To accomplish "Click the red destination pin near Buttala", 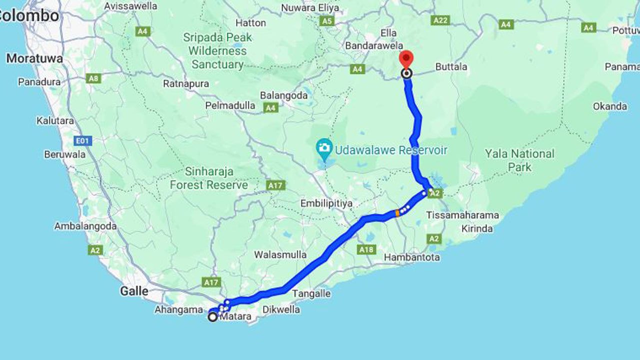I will tap(406, 58).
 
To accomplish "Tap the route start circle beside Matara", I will tap(213, 316).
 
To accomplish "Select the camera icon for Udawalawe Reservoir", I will tap(324, 147).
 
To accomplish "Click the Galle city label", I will tap(134, 291).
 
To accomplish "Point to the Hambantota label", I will tap(412, 257).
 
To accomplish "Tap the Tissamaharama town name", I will tap(462, 215).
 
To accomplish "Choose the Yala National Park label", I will tap(519, 160).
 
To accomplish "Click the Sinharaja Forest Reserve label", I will tap(209, 178).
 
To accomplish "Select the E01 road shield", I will tap(82, 141).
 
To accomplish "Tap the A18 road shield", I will tap(366, 249).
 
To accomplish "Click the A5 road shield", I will tap(327, 21).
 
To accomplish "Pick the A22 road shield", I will tap(440, 20).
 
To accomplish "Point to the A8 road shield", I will tap(93, 78).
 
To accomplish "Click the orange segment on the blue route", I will tap(397, 213).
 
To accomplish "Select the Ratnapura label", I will tap(186, 83).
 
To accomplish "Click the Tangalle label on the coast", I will tap(311, 293).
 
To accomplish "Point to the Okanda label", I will tap(609, 106).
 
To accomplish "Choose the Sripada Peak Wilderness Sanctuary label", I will tap(217, 50).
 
